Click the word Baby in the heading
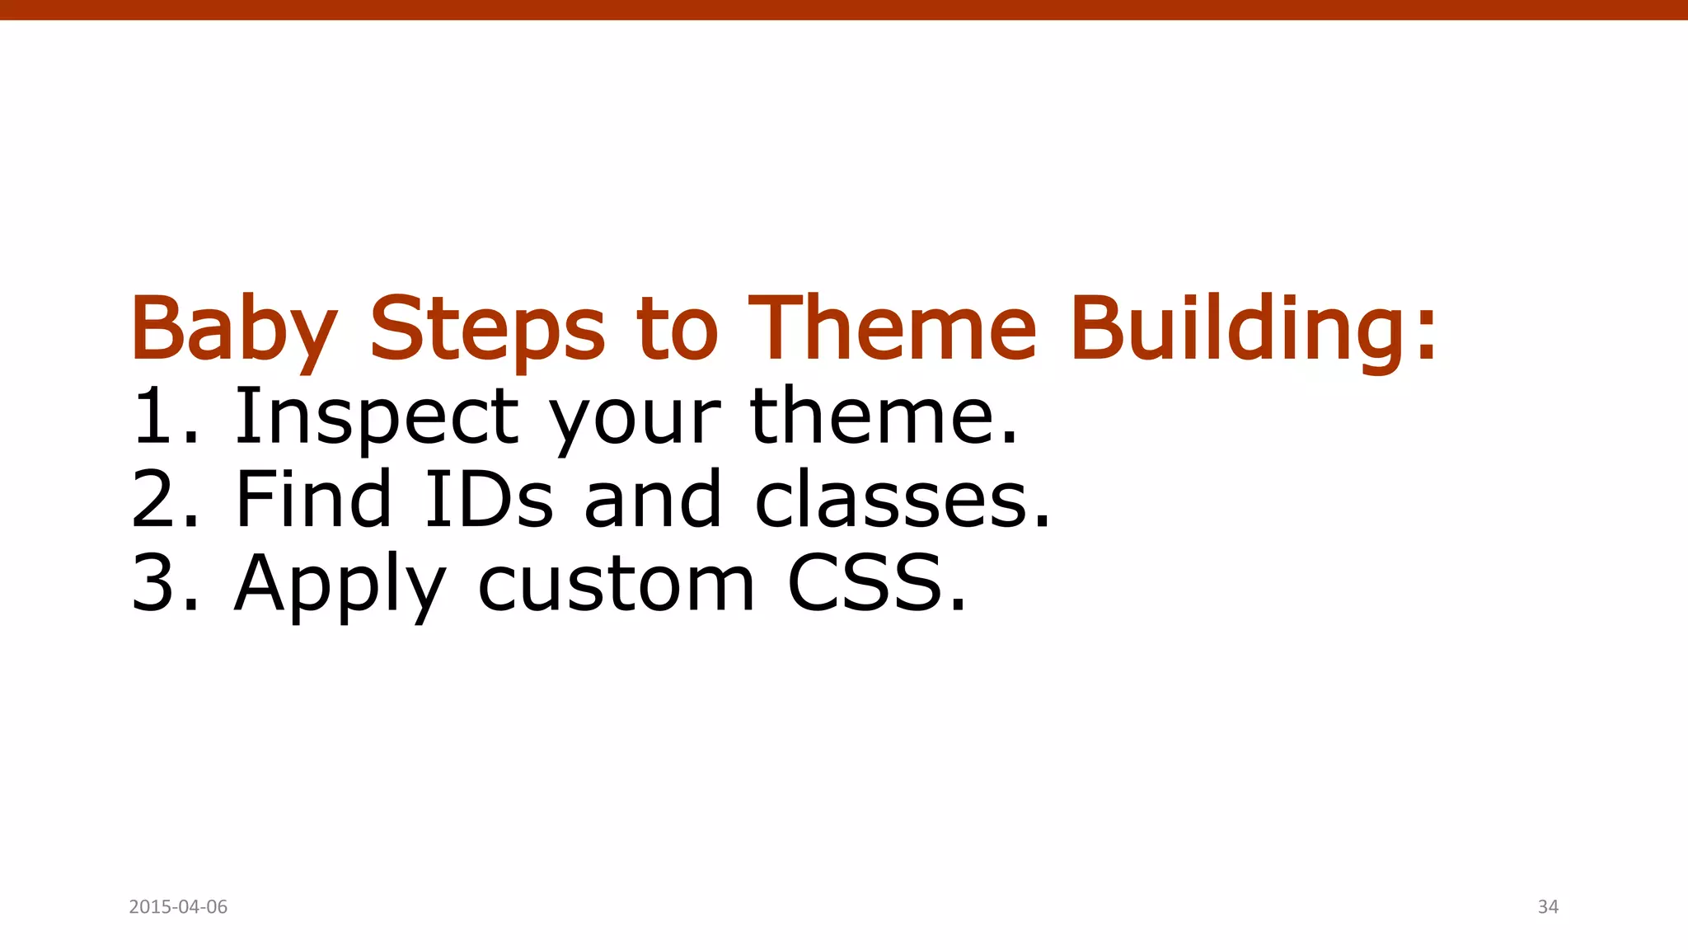(x=233, y=330)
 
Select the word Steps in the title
(x=487, y=330)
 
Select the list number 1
(x=157, y=416)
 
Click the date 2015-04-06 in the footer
(x=178, y=907)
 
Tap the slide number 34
(x=1548, y=907)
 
